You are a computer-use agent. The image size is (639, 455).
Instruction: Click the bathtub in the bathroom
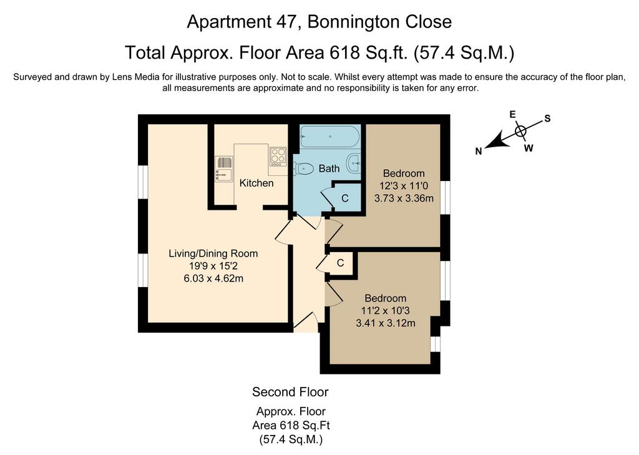coord(330,136)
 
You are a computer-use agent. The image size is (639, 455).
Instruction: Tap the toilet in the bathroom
coord(303,168)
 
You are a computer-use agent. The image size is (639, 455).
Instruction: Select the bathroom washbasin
coord(354,164)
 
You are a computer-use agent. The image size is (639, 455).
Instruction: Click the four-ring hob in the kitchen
coord(278,156)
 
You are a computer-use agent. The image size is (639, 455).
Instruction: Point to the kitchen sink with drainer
coord(223,169)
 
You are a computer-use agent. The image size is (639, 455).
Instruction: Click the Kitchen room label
coord(256,183)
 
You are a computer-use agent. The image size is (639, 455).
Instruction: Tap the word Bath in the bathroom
coord(329,169)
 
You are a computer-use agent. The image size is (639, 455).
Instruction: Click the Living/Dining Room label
coord(213,253)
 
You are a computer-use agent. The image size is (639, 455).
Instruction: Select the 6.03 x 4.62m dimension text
coord(213,279)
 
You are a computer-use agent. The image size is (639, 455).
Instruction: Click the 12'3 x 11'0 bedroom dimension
coord(404,186)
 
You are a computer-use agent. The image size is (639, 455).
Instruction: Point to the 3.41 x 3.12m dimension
coord(386,323)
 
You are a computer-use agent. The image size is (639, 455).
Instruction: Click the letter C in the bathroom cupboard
coord(344,198)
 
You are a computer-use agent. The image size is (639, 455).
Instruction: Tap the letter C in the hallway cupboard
coord(340,263)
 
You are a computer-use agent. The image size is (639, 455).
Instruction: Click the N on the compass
coord(479,151)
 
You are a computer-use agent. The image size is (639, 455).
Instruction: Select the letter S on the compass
coord(547,119)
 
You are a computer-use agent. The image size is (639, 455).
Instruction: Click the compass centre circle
coord(520,131)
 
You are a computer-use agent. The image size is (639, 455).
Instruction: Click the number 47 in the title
coord(284,22)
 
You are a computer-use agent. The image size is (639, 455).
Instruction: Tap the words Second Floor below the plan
coord(290,392)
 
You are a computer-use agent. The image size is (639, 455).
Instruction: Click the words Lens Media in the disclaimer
coord(138,77)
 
